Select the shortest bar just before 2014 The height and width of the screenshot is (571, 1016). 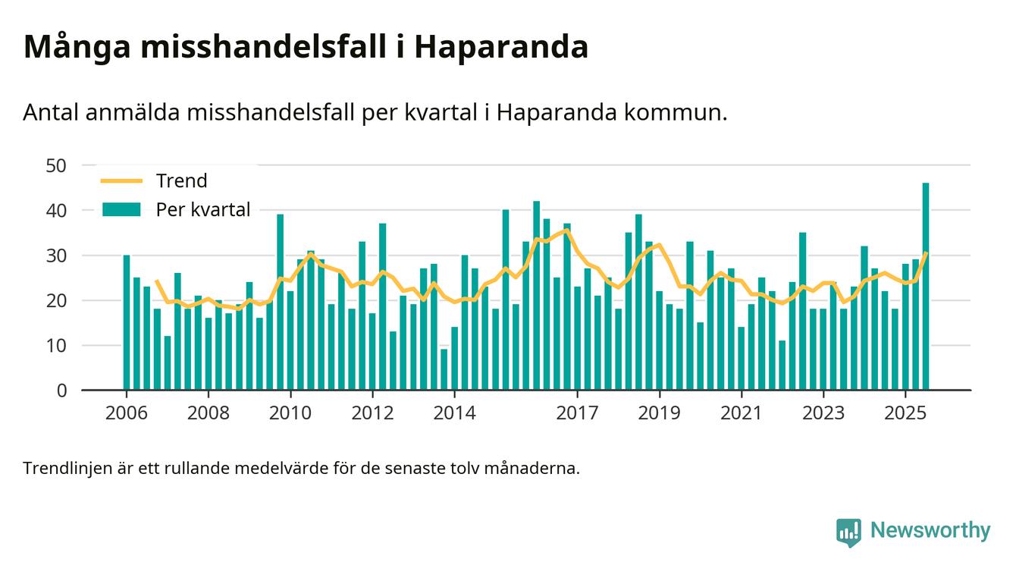click(x=444, y=369)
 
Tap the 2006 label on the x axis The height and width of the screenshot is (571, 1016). click(x=126, y=413)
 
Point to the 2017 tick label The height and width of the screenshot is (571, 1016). click(x=577, y=413)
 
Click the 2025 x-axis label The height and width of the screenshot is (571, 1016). click(x=905, y=413)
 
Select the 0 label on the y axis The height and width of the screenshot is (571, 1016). click(x=61, y=391)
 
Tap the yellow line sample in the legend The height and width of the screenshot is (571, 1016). click(x=121, y=180)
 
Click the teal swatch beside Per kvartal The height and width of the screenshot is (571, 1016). click(x=121, y=209)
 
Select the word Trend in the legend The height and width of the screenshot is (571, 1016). click(x=181, y=180)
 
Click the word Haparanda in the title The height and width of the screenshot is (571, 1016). click(x=501, y=47)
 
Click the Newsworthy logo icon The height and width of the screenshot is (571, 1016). click(x=848, y=532)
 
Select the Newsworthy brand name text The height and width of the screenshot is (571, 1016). click(x=930, y=530)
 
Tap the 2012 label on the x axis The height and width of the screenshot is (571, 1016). click(x=372, y=413)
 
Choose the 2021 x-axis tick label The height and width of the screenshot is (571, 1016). click(x=741, y=413)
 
